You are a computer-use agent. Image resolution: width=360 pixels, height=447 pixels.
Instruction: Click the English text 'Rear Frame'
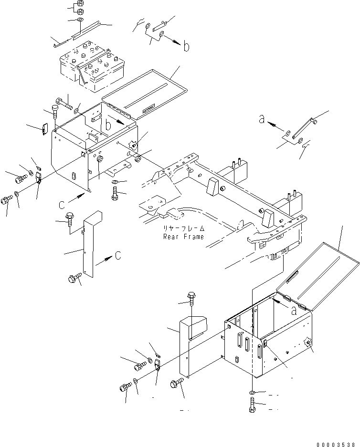point(183,237)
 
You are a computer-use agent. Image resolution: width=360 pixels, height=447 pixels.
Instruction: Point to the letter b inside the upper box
point(108,126)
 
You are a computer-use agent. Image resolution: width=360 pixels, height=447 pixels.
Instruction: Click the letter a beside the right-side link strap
point(262,119)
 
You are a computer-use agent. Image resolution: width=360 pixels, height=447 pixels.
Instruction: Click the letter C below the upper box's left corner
point(61,206)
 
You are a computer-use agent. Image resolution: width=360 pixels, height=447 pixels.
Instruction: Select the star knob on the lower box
point(307,343)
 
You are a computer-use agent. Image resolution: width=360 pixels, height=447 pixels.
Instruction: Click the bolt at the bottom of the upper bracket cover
point(75,278)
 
